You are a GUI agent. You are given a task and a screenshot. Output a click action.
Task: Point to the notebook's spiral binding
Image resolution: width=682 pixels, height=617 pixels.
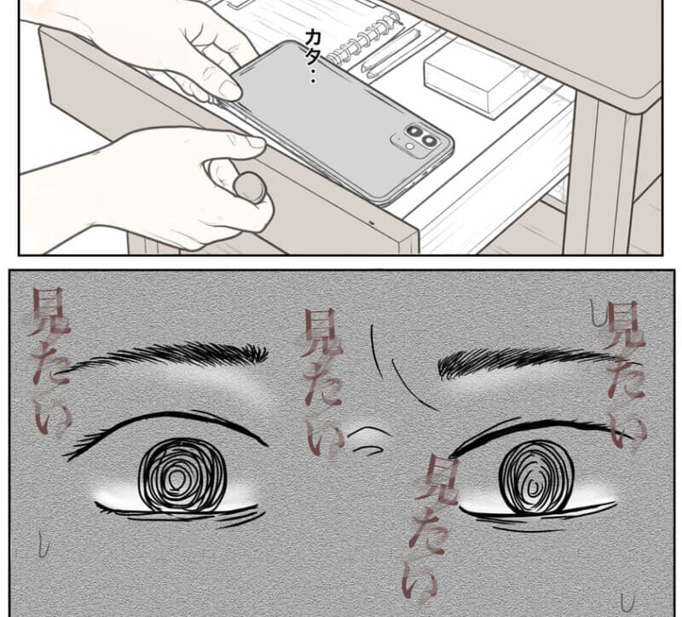click(363, 38)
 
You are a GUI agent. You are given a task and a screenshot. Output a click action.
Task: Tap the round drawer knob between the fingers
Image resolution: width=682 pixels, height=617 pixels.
click(249, 187)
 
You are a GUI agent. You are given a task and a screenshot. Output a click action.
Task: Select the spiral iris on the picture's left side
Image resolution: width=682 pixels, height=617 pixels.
click(182, 476)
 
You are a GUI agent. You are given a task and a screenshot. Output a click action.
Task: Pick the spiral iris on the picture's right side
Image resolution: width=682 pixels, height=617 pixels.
click(535, 477)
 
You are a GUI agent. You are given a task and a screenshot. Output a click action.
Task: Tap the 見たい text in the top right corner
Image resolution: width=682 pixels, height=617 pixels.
click(623, 375)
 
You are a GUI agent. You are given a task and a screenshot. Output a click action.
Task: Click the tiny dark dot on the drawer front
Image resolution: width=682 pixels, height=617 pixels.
click(371, 222)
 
